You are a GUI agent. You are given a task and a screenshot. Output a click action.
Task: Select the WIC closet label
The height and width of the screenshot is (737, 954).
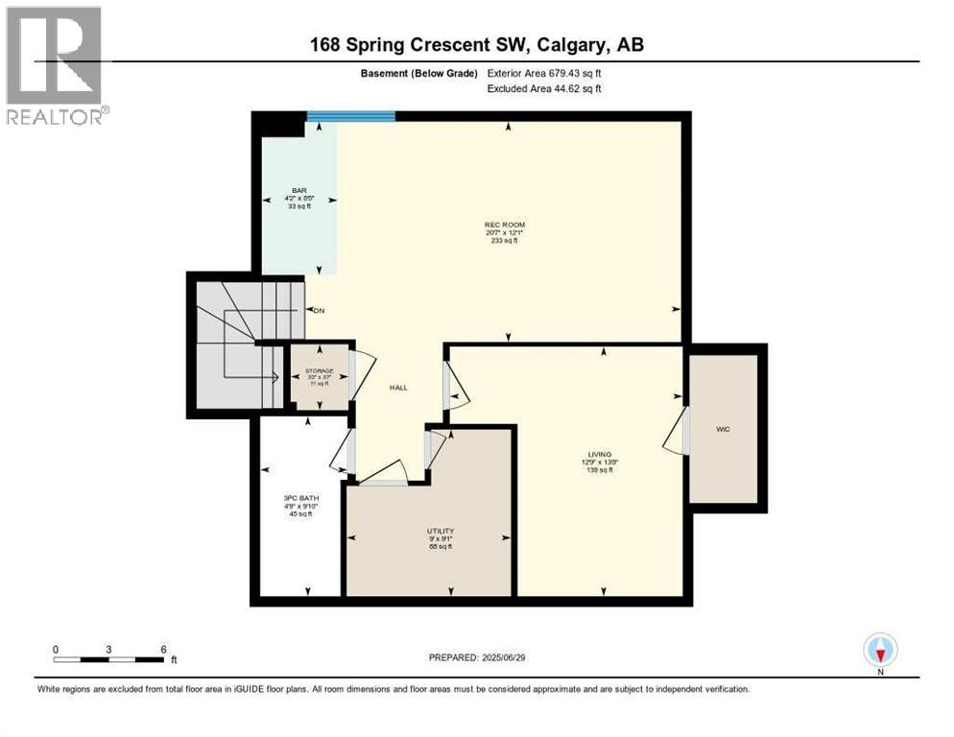pos(723,429)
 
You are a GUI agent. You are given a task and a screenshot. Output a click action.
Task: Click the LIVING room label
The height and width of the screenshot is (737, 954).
pos(601,454)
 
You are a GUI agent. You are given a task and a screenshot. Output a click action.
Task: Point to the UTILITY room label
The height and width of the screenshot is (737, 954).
pos(441,531)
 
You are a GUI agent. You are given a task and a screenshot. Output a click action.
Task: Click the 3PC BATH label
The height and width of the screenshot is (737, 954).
pos(302,496)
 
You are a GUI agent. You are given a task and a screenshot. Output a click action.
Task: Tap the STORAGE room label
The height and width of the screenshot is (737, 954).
pos(319,370)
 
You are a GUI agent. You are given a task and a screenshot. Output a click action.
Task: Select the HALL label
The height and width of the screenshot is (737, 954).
pos(398,388)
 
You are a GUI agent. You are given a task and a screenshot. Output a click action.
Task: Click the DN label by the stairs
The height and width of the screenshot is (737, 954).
pos(318,310)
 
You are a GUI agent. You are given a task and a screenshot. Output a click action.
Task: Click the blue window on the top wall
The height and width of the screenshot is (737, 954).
pos(351,116)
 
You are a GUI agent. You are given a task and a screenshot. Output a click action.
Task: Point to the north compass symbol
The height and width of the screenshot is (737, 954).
pos(879,650)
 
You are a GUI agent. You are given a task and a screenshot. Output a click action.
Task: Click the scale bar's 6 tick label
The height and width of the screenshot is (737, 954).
pos(163,649)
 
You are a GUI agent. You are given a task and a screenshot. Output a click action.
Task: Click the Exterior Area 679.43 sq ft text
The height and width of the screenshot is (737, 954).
pos(545,73)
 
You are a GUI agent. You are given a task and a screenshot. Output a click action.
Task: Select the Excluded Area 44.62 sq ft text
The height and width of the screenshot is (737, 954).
pos(545,89)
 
